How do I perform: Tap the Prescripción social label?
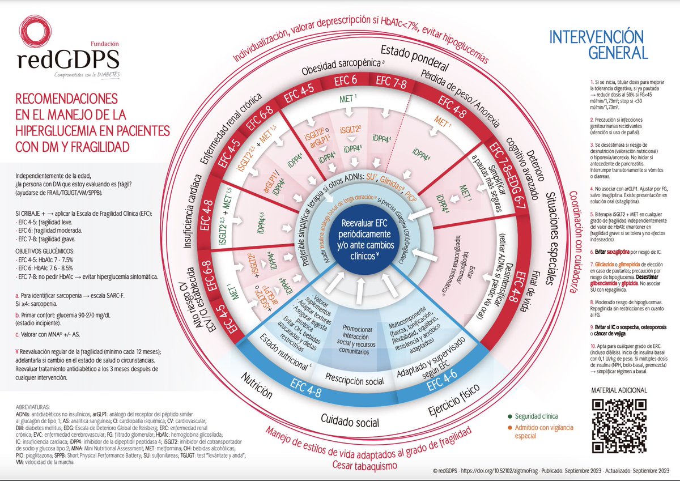355,381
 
